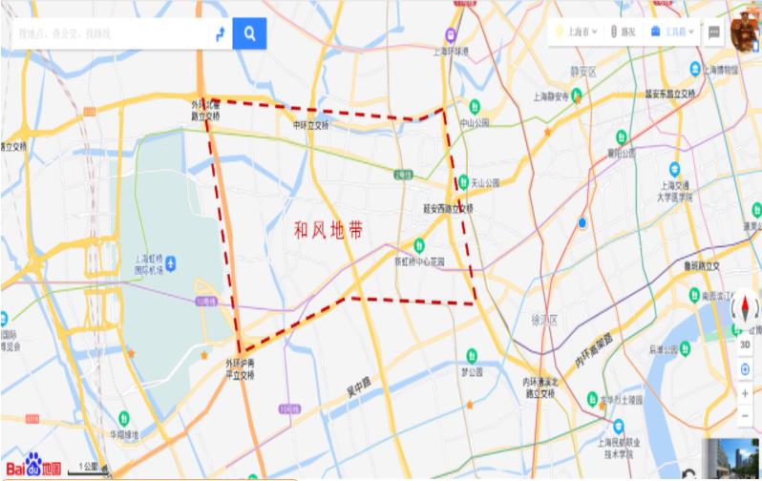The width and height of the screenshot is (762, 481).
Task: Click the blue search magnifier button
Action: pyautogui.click(x=249, y=33)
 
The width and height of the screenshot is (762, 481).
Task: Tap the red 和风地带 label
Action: pyautogui.click(x=328, y=231)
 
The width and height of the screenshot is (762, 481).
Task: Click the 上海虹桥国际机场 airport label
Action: pyautogui.click(x=154, y=263)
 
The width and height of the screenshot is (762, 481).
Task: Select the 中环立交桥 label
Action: pyautogui.click(x=311, y=124)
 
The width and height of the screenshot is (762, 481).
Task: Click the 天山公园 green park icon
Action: pyautogui.click(x=462, y=181)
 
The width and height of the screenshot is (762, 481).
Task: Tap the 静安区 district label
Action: pyautogui.click(x=582, y=72)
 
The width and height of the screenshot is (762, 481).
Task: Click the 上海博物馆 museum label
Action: pyautogui.click(x=720, y=69)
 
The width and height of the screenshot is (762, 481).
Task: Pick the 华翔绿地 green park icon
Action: pyautogui.click(x=124, y=417)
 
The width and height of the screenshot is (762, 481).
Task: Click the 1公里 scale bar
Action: pyautogui.click(x=88, y=469)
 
